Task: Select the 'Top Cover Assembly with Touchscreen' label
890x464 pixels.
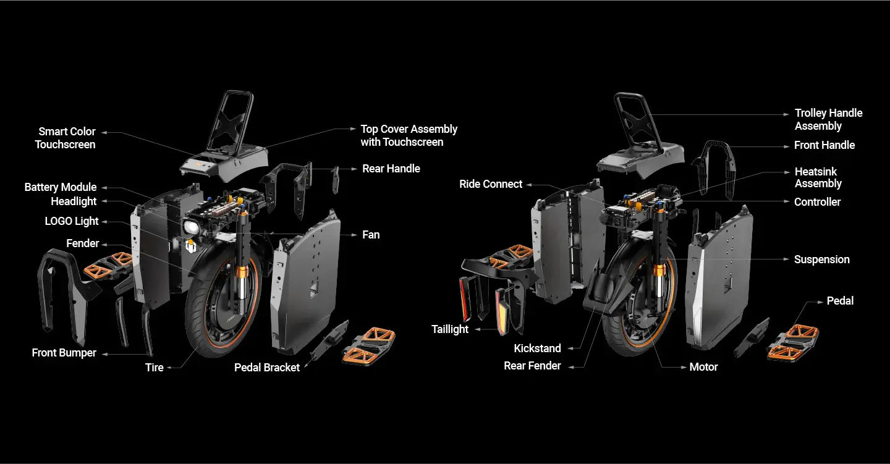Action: click(409, 135)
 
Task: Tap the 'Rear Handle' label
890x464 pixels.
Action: click(391, 169)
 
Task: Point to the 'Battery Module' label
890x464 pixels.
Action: click(61, 187)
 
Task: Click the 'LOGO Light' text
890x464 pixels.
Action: click(72, 221)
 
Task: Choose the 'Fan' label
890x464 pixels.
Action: click(371, 235)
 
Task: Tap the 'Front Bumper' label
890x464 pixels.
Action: click(64, 353)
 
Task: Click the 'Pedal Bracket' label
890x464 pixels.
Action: click(267, 368)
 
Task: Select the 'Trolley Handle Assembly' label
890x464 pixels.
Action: click(828, 119)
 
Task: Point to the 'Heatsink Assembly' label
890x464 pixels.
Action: click(818, 177)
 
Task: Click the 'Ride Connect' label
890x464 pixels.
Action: click(491, 184)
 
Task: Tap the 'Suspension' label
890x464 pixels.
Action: click(821, 259)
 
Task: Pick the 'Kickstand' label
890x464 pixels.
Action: click(537, 348)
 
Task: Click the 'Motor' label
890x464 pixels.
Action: click(703, 367)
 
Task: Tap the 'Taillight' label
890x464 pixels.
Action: click(450, 329)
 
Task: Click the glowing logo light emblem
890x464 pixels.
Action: click(191, 247)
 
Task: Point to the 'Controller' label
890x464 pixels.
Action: click(817, 202)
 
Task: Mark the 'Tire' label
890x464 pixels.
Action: click(155, 368)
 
